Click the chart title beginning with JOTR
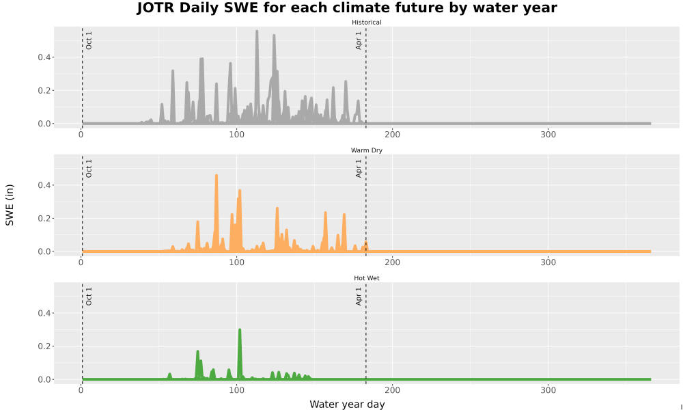[x=347, y=8]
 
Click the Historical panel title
[x=366, y=23]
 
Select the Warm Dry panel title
[x=366, y=150]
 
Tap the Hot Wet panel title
[x=366, y=278]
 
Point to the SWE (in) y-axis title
[x=10, y=205]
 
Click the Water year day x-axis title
[x=347, y=404]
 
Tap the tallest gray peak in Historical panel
[x=257, y=31]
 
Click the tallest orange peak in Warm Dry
[x=217, y=176]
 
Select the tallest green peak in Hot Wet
[x=240, y=330]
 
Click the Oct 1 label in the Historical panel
[x=89, y=40]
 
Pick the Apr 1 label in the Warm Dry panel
[x=359, y=168]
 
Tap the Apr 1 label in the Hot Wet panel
[x=359, y=297]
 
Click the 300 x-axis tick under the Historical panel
[x=548, y=135]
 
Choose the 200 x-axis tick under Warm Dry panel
[x=393, y=262]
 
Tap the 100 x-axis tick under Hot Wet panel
[x=236, y=390]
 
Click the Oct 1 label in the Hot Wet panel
[x=89, y=297]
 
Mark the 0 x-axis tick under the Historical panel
[x=81, y=135]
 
